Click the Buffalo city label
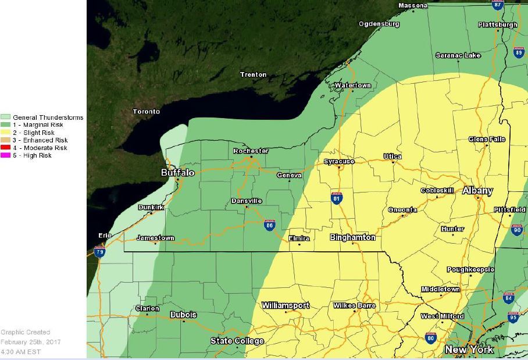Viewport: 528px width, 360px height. coord(177,173)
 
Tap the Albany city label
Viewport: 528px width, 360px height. coord(477,191)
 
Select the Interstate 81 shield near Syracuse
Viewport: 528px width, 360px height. coord(337,198)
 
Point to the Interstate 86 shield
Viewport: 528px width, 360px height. coord(269,226)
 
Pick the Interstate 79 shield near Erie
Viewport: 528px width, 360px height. coord(99,252)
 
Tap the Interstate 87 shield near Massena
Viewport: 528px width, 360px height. coord(497,5)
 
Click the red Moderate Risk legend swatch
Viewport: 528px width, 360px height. coord(6,148)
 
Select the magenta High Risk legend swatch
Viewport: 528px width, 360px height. coord(6,155)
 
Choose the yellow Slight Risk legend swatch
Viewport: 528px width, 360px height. coord(6,133)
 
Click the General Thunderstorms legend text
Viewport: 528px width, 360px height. coord(48,117)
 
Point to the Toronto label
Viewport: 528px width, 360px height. coord(146,112)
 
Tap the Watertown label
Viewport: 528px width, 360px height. coord(352,85)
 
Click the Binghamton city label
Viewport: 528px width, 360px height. coord(352,237)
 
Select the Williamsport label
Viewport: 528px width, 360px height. coord(286,305)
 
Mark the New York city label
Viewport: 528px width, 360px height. coord(469,350)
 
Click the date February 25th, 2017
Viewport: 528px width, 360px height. coord(30,342)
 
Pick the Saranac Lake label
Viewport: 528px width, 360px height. coord(458,55)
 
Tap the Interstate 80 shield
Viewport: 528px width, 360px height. coord(430,337)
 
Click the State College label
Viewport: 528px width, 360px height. coord(237,341)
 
